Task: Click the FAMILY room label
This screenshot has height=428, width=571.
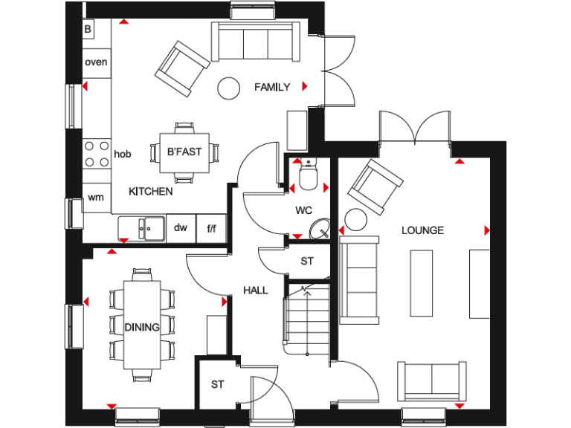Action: point(271,87)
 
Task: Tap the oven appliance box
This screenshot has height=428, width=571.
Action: point(96,62)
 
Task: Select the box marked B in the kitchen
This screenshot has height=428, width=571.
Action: point(88,29)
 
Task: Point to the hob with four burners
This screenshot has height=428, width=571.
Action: point(97,155)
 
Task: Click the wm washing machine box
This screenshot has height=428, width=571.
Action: point(96,198)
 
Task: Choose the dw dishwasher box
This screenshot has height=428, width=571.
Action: point(181,228)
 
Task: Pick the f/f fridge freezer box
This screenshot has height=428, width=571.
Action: point(211,228)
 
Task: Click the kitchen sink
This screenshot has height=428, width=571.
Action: point(145,227)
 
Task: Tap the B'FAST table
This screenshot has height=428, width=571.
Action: point(184,152)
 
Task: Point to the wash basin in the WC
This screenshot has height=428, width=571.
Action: point(321,228)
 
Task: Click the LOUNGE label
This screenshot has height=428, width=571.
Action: point(422,230)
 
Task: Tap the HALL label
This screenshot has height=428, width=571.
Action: point(256,291)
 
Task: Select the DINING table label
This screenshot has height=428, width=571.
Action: point(141,327)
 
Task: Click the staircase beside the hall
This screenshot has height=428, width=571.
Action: point(306,320)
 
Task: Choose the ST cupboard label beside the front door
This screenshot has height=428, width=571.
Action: point(217,384)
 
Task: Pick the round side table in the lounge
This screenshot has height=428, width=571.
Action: point(357,220)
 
